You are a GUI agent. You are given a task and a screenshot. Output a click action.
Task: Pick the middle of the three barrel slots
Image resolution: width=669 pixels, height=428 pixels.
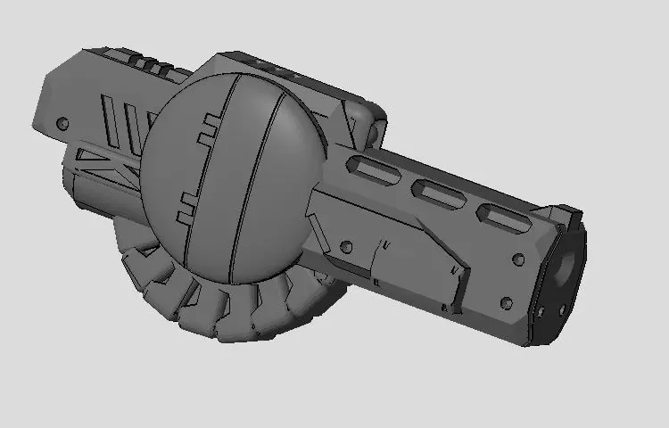(x=437, y=190)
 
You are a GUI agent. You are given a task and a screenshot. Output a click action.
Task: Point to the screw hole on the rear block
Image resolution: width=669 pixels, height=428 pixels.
(x=62, y=122)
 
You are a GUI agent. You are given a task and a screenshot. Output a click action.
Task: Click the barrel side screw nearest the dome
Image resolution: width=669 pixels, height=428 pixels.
(x=347, y=246)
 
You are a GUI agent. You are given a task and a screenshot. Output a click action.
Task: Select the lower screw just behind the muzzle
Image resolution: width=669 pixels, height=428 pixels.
(x=507, y=303)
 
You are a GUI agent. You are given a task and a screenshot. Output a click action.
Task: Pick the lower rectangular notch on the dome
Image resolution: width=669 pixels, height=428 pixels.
(x=190, y=206)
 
